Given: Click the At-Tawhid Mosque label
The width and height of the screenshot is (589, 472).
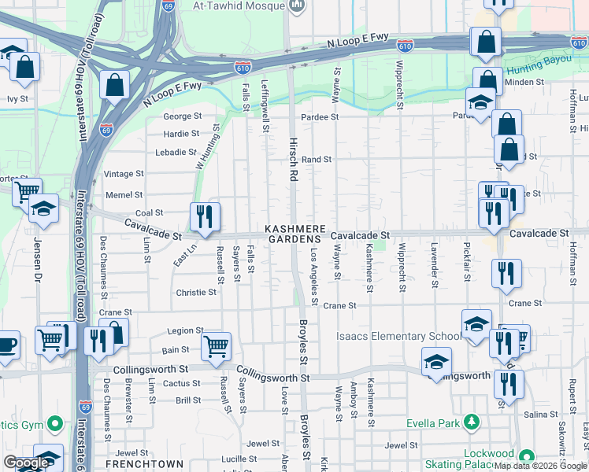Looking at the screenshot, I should (239, 6).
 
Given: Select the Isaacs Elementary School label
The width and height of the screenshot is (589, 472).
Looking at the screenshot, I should (399, 337).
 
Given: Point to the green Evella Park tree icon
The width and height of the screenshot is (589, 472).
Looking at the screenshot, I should (472, 423).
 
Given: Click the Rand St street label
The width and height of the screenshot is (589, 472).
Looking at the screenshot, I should (317, 159).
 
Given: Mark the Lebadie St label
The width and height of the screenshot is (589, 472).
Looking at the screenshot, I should (175, 152).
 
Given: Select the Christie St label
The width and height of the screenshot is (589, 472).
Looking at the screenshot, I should (195, 292).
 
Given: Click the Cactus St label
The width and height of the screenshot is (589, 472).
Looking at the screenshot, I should (181, 384).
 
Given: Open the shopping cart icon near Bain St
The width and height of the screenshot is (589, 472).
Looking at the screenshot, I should (217, 345).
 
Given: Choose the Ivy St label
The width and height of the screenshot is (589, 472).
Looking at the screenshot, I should (17, 99).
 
